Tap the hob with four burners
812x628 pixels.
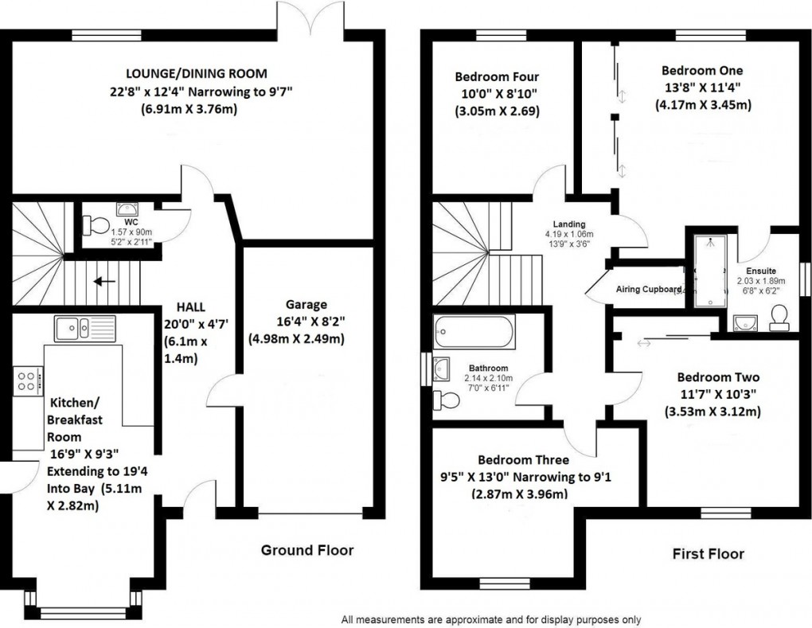[x=25, y=380]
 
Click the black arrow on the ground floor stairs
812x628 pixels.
[x=101, y=281]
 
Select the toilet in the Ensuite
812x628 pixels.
[x=779, y=319]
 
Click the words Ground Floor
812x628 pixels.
[x=308, y=550]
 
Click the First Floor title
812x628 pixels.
[x=707, y=554]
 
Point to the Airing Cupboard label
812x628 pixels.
[x=649, y=289]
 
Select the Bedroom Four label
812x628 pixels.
[x=497, y=77]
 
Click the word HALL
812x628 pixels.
[x=191, y=306]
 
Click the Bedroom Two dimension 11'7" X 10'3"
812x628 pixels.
[x=712, y=395]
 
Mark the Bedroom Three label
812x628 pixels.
[x=523, y=460]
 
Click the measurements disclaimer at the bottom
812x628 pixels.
[x=491, y=619]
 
